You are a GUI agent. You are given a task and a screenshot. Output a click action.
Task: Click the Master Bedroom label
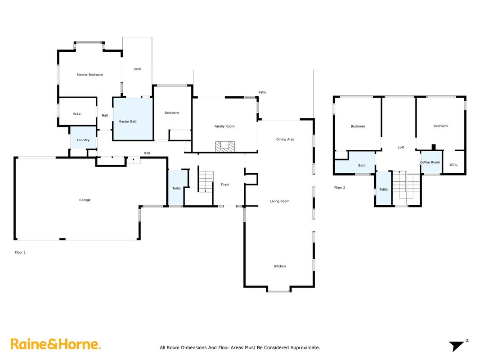point(90,75)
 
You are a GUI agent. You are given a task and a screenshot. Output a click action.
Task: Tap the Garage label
point(85,200)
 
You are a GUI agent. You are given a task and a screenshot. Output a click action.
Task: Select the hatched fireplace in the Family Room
point(224,147)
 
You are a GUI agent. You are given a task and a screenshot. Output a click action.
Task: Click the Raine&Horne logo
point(55,344)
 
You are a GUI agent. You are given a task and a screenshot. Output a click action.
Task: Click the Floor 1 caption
point(20,252)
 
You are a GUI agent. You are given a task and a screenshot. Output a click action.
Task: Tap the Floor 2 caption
point(340,188)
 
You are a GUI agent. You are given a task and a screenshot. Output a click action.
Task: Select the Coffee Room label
point(430,162)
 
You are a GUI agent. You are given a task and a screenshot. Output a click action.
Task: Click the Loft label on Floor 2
point(401,148)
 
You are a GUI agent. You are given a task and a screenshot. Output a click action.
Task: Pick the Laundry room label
point(83,140)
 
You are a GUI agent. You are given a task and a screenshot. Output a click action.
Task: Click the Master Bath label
point(128,121)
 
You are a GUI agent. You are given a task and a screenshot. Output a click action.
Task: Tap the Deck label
point(137,69)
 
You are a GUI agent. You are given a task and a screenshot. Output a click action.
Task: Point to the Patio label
point(262,92)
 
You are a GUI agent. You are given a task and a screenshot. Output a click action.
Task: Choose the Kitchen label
point(280,266)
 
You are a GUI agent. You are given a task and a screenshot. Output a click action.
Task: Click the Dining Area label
point(285,139)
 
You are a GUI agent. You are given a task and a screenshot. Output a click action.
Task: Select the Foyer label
point(225,184)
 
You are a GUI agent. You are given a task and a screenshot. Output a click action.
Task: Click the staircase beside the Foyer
point(206,181)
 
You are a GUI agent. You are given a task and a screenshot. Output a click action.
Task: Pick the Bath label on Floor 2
point(362,166)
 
